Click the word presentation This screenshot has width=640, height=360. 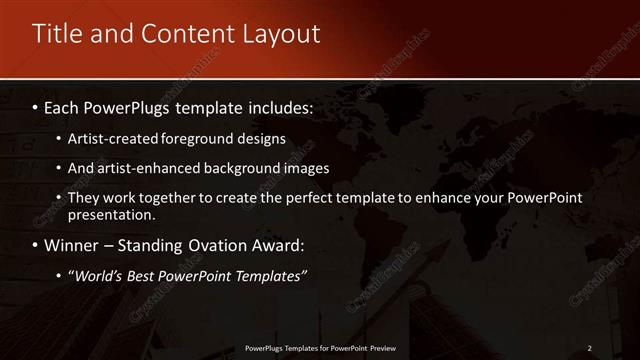click(111, 214)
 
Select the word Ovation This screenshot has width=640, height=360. click(207, 244)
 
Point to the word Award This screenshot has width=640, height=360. click(277, 244)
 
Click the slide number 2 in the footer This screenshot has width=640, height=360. click(589, 347)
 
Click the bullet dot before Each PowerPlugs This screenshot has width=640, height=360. click(36, 105)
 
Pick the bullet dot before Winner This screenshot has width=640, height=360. click(36, 244)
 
